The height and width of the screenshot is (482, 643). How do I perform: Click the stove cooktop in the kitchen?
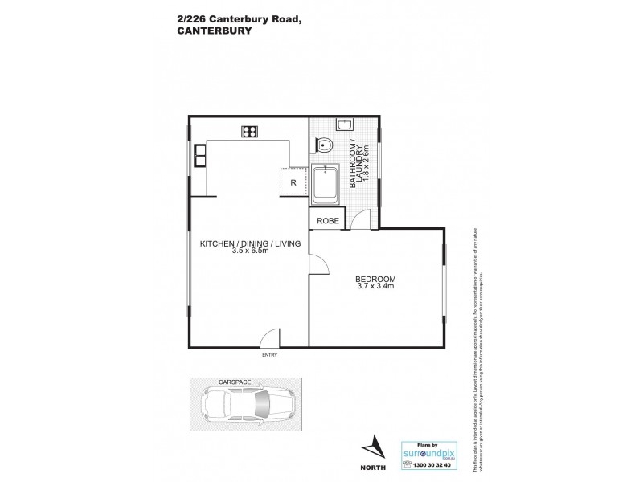pyautogui.click(x=249, y=131)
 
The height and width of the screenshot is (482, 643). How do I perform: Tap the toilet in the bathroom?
pyautogui.click(x=325, y=145)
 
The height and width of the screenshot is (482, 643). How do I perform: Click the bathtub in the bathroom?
pyautogui.click(x=326, y=182)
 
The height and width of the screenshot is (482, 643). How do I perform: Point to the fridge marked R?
pyautogui.click(x=293, y=182)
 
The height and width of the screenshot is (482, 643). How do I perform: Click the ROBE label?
pyautogui.click(x=327, y=220)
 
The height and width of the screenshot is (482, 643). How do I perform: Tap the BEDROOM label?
pyautogui.click(x=375, y=280)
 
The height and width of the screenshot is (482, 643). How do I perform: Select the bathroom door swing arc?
pyautogui.click(x=362, y=218)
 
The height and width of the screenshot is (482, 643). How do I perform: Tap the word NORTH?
pyautogui.click(x=373, y=467)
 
